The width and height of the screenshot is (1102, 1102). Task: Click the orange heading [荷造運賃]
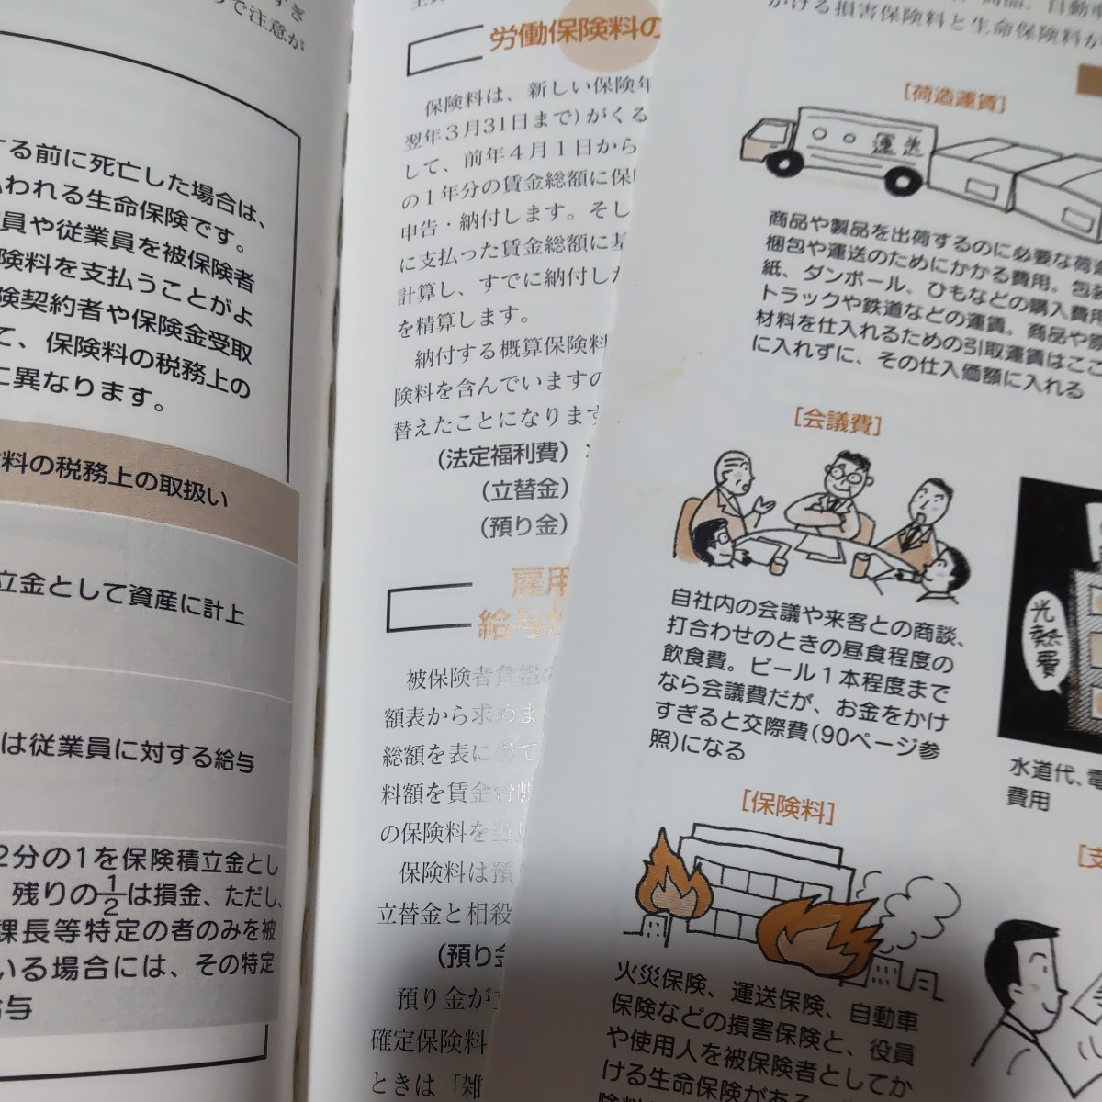click(954, 94)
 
